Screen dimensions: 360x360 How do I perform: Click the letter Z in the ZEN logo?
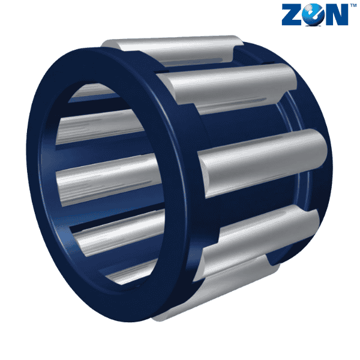coord(292,14)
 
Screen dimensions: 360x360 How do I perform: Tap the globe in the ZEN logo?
coord(312,14)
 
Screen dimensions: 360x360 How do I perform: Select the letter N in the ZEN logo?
coord(335,14)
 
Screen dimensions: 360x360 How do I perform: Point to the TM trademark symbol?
coord(353,5)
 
